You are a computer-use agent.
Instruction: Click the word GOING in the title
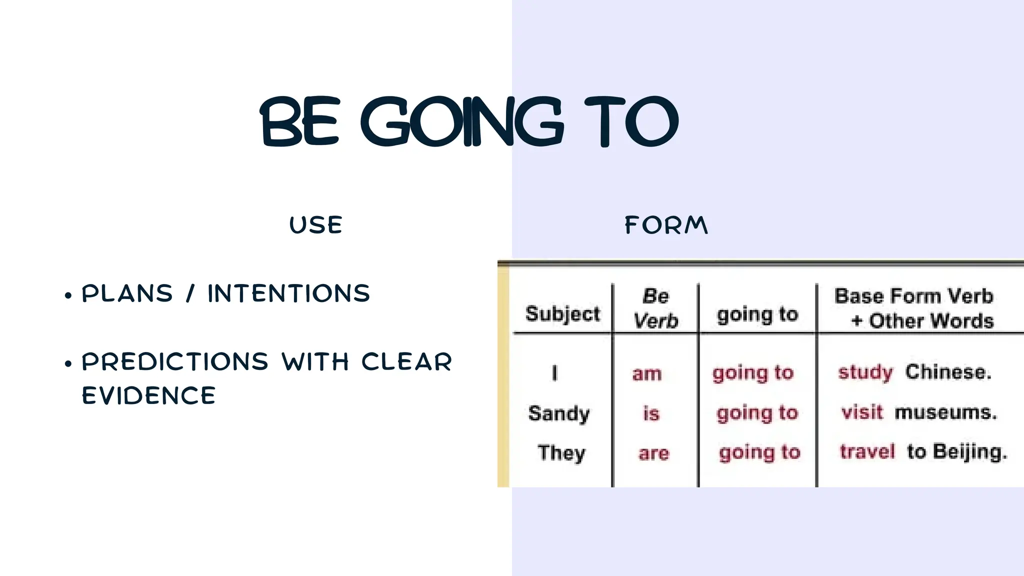tap(462, 121)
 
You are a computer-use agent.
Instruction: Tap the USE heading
tap(316, 225)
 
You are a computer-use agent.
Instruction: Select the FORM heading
tap(666, 225)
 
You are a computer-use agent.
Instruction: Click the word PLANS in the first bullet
tap(127, 293)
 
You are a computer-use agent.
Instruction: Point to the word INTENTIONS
tap(288, 293)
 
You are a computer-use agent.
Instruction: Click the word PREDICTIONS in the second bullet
tap(175, 361)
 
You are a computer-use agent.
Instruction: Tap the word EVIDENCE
tap(148, 395)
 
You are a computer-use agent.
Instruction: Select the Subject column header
tap(562, 314)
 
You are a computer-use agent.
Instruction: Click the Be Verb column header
tap(655, 308)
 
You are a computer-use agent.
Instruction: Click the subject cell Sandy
tap(559, 413)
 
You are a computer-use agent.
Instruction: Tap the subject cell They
tap(561, 452)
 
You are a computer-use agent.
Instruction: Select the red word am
tap(647, 373)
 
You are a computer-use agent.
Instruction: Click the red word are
tap(653, 453)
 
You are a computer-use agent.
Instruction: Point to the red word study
tap(865, 372)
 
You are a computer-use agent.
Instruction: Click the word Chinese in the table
tap(947, 372)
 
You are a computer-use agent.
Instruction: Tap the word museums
tap(945, 412)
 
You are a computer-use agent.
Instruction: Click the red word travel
tap(867, 451)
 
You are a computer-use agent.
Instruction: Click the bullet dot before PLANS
tap(68, 295)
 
